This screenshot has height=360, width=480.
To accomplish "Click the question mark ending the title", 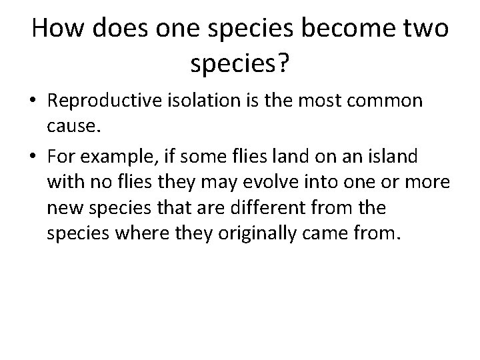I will (283, 63).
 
